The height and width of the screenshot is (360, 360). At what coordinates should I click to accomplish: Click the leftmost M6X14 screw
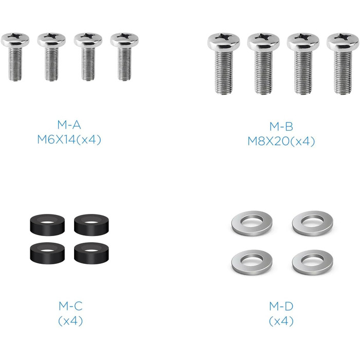15,57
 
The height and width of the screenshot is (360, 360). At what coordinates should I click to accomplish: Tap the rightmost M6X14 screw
124,57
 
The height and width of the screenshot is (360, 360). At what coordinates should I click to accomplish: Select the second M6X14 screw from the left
51,57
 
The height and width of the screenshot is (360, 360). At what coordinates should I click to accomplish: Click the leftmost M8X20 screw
224,63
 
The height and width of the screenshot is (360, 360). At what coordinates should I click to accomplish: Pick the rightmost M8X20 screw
343,63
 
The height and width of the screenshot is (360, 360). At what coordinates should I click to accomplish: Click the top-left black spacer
47,225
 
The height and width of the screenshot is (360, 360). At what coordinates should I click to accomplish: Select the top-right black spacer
92,225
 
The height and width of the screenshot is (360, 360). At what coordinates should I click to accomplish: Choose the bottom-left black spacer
47,253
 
